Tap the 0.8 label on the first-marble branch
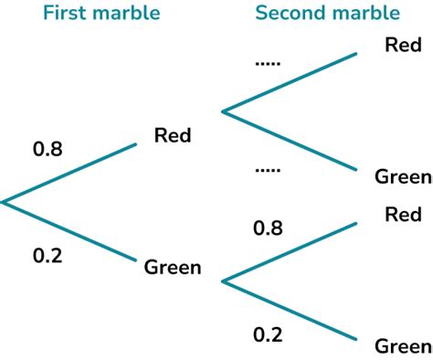(x=48, y=148)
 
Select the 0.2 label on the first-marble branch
(x=48, y=256)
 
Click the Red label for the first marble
(x=173, y=136)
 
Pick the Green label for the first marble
(x=173, y=268)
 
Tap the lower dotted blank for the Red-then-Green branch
(x=268, y=170)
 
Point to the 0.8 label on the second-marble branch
(x=268, y=228)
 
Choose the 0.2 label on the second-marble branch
(x=268, y=334)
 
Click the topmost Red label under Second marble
(x=403, y=45)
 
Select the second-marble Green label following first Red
(x=403, y=176)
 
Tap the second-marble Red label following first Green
(x=403, y=215)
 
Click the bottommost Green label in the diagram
(x=403, y=346)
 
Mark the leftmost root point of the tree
(x=3, y=201)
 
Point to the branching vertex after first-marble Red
(x=223, y=111)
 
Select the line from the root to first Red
(x=69, y=172)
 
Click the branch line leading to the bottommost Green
(x=290, y=311)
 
